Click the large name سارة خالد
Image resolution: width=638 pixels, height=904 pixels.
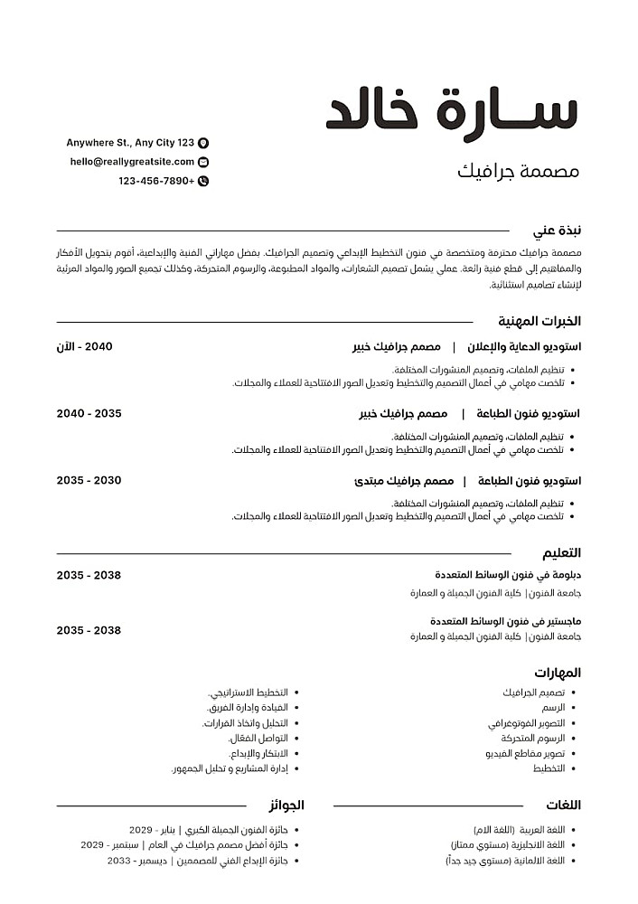tap(451, 108)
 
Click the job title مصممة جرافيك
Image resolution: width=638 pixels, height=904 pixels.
tap(518, 171)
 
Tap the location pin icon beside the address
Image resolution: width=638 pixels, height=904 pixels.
tap(203, 143)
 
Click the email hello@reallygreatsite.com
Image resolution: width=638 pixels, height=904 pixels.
tap(132, 162)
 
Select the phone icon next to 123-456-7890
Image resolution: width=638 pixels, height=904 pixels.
tap(203, 181)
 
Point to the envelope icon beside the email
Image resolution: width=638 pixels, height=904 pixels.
tap(203, 162)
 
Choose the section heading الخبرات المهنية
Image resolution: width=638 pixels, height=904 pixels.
tap(539, 321)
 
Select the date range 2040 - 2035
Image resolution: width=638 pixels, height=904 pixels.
tap(89, 413)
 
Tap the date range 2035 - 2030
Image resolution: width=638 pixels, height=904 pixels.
tap(89, 480)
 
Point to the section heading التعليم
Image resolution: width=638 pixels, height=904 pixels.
tap(561, 553)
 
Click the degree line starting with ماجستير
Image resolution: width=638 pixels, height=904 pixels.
tap(505, 621)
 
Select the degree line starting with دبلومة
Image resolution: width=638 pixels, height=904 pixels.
tap(507, 575)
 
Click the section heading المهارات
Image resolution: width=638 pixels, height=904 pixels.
tap(557, 673)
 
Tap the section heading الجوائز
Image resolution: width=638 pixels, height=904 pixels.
tap(286, 805)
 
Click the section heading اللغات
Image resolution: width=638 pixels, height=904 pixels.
tap(563, 805)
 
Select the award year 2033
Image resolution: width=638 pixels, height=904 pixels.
tap(119, 861)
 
